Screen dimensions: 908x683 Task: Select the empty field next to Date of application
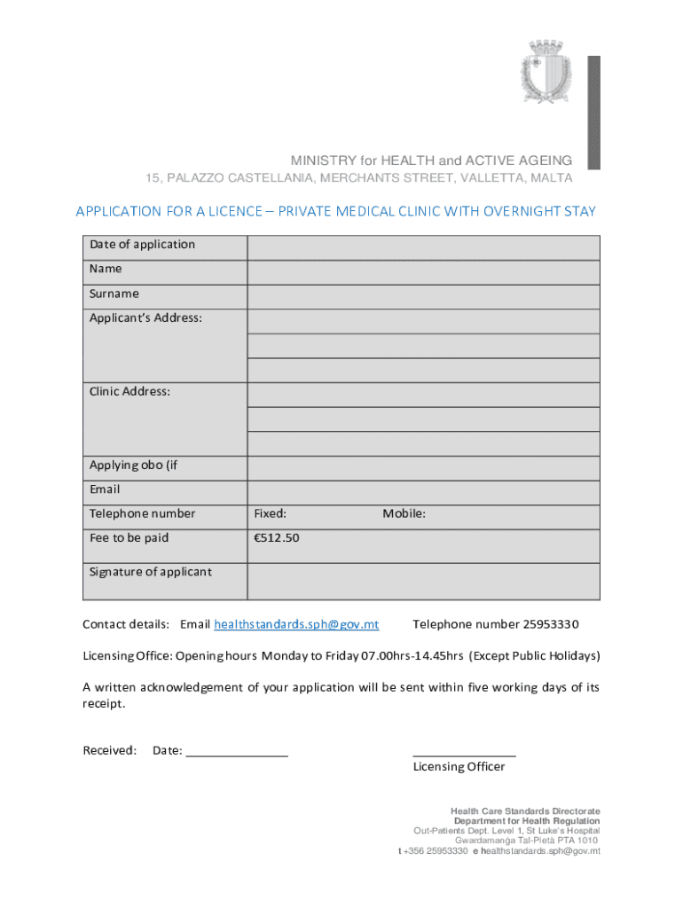coord(423,247)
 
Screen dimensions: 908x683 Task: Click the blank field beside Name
coord(423,271)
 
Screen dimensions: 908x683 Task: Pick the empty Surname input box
coord(423,296)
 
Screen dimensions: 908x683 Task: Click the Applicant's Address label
coord(145,318)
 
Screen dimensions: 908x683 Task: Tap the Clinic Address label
coord(130,391)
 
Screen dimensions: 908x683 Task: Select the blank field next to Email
coord(423,491)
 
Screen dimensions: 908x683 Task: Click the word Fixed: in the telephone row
coord(270,514)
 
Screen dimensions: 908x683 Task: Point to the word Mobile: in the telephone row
coord(404,514)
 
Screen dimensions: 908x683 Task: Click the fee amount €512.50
coord(276,538)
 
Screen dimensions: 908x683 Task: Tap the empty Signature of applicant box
coord(423,580)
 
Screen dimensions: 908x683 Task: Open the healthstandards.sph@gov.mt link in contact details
coord(296,624)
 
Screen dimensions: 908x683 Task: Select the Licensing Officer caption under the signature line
coord(459,767)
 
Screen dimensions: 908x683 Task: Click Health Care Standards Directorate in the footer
coord(525,811)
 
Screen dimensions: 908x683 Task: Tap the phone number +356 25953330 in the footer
coord(435,851)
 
